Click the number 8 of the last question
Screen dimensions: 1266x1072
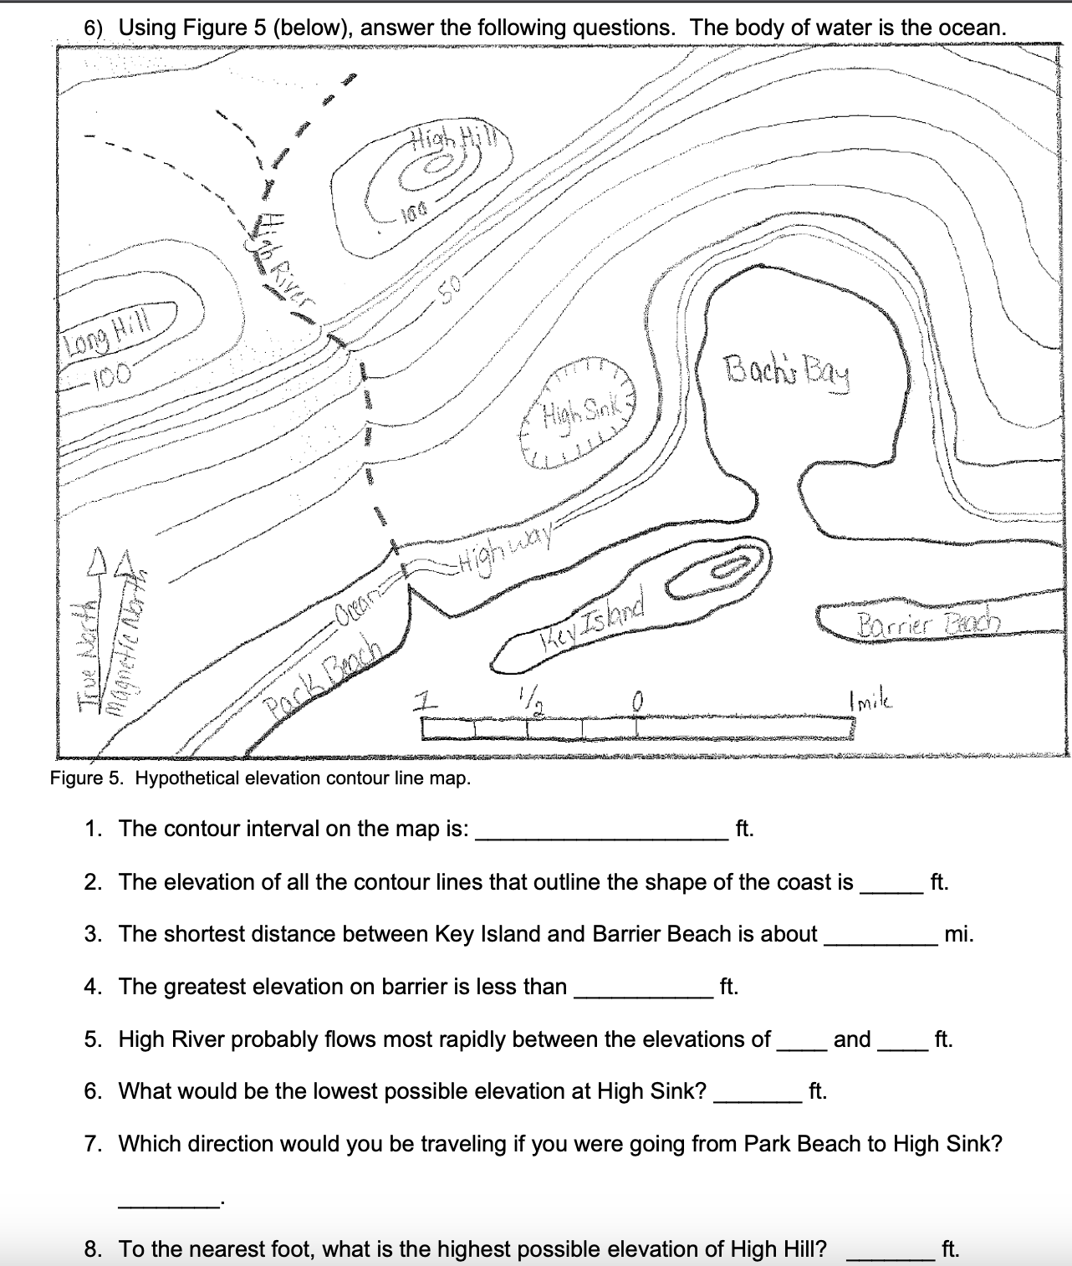94,1249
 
